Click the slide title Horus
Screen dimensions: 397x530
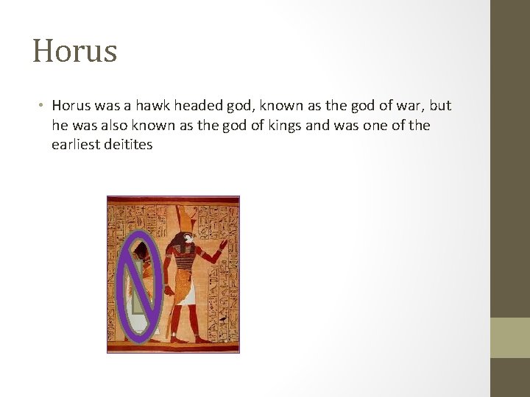(74, 51)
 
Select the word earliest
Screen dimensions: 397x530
(76, 144)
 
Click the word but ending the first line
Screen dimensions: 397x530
(439, 105)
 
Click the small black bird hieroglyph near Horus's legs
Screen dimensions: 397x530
(220, 320)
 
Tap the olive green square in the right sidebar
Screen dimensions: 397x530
(509, 337)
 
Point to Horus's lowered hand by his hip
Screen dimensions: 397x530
(169, 291)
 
